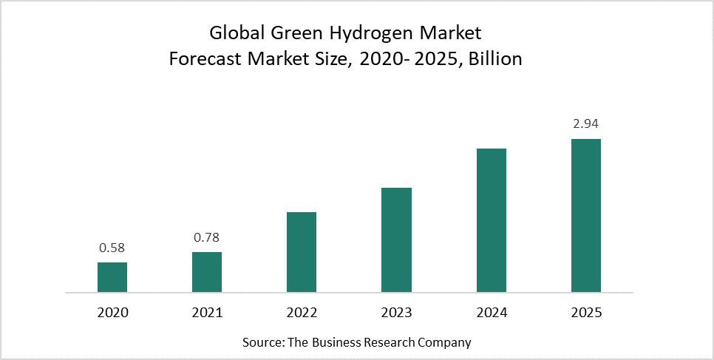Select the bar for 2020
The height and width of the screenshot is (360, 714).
pyautogui.click(x=112, y=277)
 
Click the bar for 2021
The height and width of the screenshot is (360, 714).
pyautogui.click(x=207, y=272)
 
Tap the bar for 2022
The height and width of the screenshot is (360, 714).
pyautogui.click(x=302, y=252)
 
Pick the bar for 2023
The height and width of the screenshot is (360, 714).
pyautogui.click(x=396, y=240)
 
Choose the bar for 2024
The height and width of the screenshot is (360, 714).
pyautogui.click(x=492, y=220)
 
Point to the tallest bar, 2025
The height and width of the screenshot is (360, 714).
pyautogui.click(x=586, y=215)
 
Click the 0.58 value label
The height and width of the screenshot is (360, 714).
pyautogui.click(x=112, y=248)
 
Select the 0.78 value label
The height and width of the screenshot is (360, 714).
pyautogui.click(x=207, y=238)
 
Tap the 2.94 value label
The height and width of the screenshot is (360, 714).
pyautogui.click(x=586, y=124)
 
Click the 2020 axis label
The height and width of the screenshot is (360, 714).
pyautogui.click(x=112, y=313)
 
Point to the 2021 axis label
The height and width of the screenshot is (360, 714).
pyautogui.click(x=207, y=313)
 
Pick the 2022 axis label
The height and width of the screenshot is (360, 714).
pyautogui.click(x=302, y=313)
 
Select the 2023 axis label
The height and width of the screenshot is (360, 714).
pyautogui.click(x=396, y=313)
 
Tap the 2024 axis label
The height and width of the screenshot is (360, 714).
pyautogui.click(x=492, y=313)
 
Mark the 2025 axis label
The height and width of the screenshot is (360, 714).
pyautogui.click(x=586, y=313)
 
